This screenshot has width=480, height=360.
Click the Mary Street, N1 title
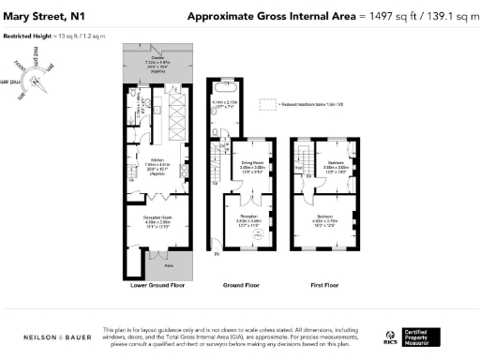(x=48, y=16)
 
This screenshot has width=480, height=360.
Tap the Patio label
(x=157, y=266)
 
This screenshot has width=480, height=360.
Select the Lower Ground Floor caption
(x=157, y=282)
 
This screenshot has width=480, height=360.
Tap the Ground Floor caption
(x=241, y=282)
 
